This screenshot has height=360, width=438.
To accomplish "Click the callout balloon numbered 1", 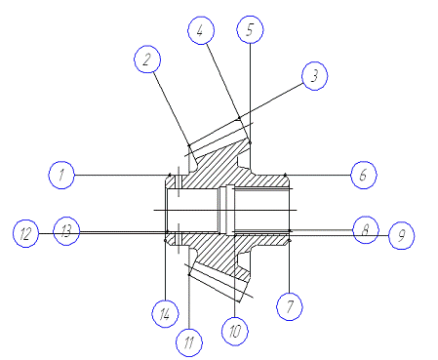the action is click(x=61, y=175).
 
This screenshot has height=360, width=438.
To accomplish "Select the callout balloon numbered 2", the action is click(x=147, y=60).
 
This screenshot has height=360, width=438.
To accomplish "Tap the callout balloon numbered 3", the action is click(x=314, y=76).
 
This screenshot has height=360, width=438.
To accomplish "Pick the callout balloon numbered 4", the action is click(x=201, y=30).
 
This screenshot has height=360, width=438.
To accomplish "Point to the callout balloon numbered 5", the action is click(x=250, y=29).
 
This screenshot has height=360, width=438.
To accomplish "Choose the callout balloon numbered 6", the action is click(x=364, y=175).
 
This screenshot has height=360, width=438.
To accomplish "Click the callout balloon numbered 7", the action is click(x=290, y=306).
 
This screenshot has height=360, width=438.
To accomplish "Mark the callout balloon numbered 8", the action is click(x=366, y=229).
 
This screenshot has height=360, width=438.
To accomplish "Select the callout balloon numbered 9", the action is click(x=401, y=235).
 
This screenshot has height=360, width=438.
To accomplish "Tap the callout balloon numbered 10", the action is click(x=235, y=331).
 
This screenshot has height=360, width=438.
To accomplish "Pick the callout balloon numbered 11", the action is click(x=189, y=342).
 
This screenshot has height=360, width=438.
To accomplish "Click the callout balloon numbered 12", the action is click(x=25, y=233).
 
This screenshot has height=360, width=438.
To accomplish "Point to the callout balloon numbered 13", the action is click(x=66, y=231).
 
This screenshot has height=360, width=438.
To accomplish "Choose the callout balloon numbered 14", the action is click(x=165, y=314).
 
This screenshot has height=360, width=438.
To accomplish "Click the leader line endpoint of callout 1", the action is click(x=170, y=175).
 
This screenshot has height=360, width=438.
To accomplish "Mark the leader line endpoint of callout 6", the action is click(x=285, y=175).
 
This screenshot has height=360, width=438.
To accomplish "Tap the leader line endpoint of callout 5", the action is click(x=250, y=142).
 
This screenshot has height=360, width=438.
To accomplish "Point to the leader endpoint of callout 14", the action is click(x=165, y=241).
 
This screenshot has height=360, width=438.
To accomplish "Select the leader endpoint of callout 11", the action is click(x=189, y=275).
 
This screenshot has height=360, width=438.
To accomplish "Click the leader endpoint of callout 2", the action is click(x=189, y=145).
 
